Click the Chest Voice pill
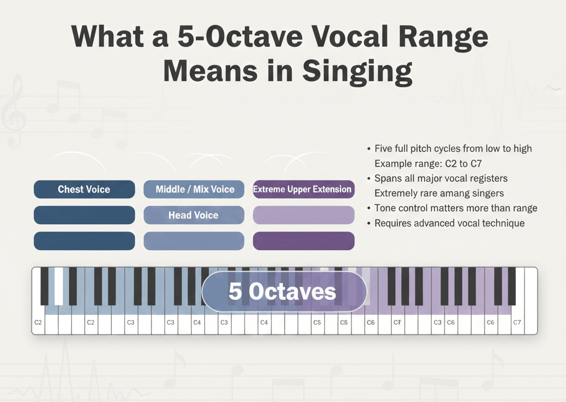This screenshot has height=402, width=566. click(84, 189)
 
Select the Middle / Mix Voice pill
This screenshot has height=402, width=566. click(194, 189)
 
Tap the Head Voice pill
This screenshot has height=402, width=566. click(194, 215)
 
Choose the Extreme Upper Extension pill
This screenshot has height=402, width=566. click(303, 189)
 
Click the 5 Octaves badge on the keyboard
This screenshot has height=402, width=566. click(284, 292)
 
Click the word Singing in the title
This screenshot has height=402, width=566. click(357, 71)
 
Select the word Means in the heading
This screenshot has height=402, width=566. click(211, 71)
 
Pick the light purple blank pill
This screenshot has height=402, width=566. click(303, 215)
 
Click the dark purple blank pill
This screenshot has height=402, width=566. click(303, 241)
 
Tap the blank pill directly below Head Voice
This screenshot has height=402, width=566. click(194, 241)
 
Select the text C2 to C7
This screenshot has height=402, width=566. click(464, 163)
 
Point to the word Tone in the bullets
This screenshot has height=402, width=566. click(385, 208)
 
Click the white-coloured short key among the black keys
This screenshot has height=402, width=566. click(59, 286)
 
